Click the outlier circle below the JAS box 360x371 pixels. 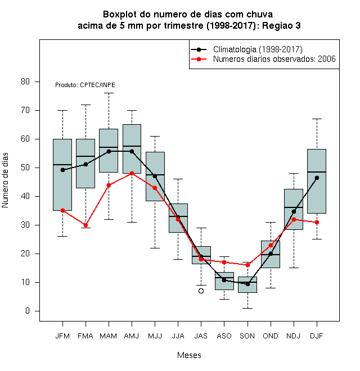201,291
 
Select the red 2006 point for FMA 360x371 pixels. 85,225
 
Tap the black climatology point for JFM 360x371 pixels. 63,170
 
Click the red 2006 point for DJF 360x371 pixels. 317,222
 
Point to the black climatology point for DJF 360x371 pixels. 317,178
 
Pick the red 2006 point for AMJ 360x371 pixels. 132,174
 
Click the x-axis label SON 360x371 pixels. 247,336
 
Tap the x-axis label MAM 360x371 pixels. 109,336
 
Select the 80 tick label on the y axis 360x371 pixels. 25,82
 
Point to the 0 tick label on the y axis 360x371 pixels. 28,311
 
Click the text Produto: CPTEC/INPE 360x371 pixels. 85,85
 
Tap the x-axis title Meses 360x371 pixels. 189,355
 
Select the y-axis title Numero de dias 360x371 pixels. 5,180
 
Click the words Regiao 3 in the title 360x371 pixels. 281,25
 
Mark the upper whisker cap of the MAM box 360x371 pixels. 109,93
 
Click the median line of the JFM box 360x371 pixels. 62,165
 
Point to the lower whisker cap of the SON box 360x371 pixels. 247,308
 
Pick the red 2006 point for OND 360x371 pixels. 271,245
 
